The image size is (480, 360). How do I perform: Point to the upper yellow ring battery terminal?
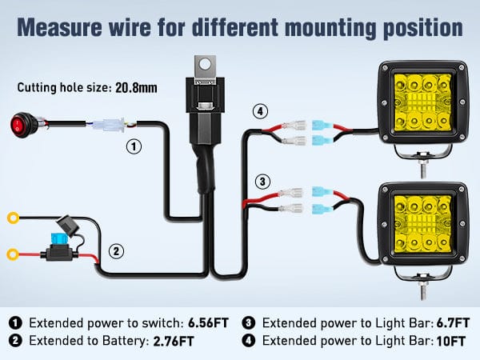12,217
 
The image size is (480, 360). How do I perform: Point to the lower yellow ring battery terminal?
12,255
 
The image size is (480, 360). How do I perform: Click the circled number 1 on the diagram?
134,147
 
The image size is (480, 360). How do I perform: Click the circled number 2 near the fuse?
116,251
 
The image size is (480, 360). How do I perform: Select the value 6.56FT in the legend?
208,323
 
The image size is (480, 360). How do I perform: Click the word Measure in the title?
58,27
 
